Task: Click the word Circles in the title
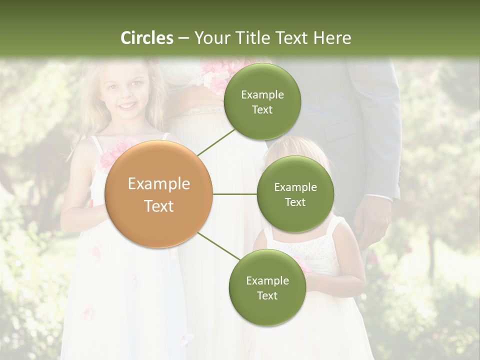(147, 38)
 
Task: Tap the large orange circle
(159, 194)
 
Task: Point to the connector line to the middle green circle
(235, 194)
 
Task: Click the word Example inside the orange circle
(159, 184)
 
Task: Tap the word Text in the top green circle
(262, 110)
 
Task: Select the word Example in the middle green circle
(295, 187)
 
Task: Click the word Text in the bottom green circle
(267, 295)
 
